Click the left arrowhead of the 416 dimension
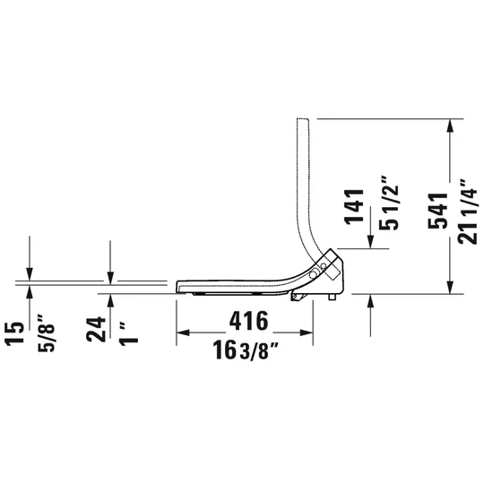point(180,333)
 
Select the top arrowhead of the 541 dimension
point(448,125)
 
